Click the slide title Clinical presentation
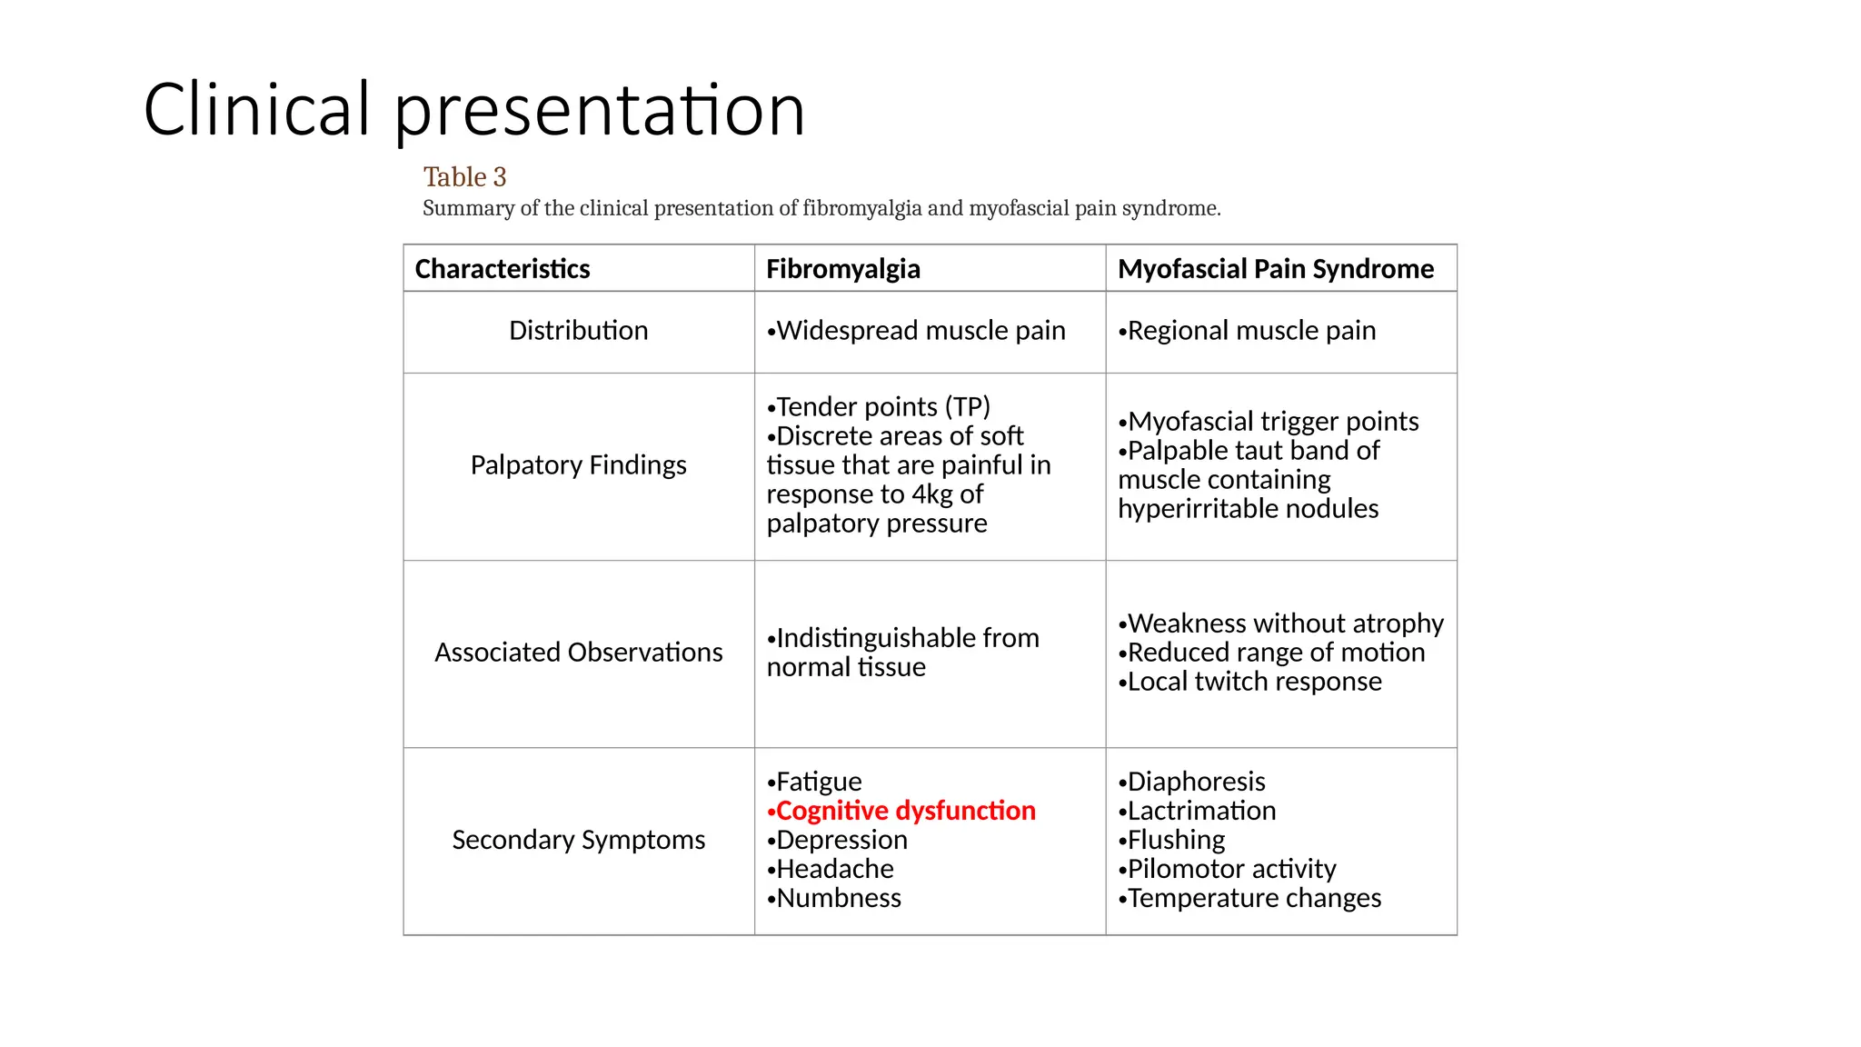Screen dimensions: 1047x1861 click(x=473, y=110)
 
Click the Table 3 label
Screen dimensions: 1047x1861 click(x=464, y=177)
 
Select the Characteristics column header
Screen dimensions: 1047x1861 click(x=503, y=269)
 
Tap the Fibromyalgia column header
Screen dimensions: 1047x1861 click(x=842, y=269)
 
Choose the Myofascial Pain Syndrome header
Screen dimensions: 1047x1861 click(x=1275, y=269)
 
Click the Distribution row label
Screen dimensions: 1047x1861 click(x=578, y=331)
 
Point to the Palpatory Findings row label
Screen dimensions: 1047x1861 click(x=578, y=465)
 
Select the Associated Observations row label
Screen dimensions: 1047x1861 click(x=578, y=653)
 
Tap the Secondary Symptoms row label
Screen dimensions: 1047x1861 click(x=578, y=840)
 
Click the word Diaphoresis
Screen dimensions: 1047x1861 click(x=1196, y=782)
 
